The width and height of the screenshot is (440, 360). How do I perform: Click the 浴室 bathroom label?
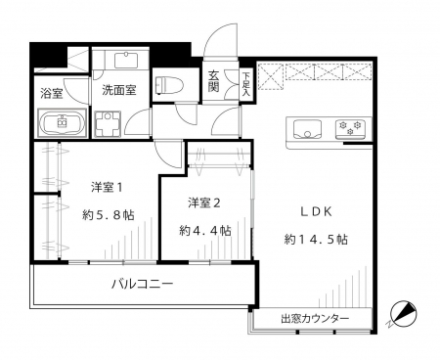(x=52, y=94)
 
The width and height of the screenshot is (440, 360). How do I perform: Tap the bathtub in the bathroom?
(x=62, y=123)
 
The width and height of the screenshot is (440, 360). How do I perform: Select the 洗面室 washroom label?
(x=119, y=90)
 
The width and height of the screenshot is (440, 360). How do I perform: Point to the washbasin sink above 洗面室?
(x=126, y=61)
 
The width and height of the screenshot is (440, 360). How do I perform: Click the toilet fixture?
(x=169, y=85)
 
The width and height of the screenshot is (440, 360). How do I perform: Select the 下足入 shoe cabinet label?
(x=245, y=85)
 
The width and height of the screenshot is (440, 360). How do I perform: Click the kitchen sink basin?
(x=307, y=129)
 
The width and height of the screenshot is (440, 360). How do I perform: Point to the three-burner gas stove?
(x=350, y=128)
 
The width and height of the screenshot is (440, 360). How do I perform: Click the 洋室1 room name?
(x=107, y=188)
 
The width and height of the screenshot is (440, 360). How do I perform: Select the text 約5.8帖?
(x=109, y=215)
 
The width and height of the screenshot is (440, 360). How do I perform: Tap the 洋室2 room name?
(x=204, y=203)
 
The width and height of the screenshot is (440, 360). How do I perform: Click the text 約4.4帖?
(x=205, y=231)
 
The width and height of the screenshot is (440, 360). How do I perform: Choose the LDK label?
(x=316, y=212)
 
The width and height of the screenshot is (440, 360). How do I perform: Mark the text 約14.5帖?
(x=316, y=240)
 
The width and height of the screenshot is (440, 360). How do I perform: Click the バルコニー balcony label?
(x=142, y=284)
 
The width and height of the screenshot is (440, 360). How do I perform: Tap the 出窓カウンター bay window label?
(x=315, y=318)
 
